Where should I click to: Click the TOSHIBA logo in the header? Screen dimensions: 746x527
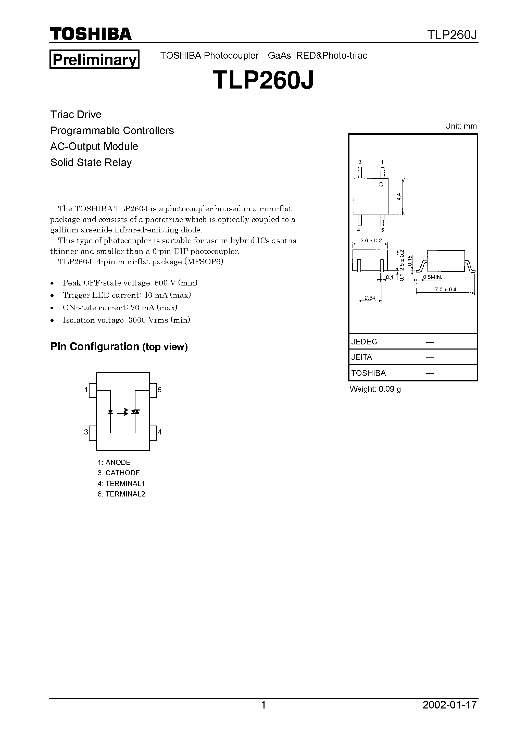(x=91, y=34)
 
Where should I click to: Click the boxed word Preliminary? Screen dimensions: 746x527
(x=94, y=59)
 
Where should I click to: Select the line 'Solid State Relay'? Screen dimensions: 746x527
(x=91, y=163)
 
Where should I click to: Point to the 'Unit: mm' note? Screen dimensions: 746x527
(x=461, y=126)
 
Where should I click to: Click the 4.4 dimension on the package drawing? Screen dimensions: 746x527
(x=399, y=196)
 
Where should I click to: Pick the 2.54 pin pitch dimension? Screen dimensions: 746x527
(x=370, y=298)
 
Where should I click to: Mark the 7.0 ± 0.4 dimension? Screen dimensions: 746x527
(x=445, y=289)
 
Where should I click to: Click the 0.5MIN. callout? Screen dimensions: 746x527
(x=432, y=277)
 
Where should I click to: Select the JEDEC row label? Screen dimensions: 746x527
(x=364, y=341)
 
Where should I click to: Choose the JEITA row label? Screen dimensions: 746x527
(x=362, y=357)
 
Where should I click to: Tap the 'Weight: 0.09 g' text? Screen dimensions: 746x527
(x=375, y=389)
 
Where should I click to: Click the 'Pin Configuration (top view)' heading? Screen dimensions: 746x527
(x=119, y=347)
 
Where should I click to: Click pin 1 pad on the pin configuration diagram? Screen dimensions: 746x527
(x=93, y=390)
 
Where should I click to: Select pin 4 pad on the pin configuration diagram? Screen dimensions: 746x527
(x=153, y=432)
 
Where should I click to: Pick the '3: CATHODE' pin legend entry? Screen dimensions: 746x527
(x=119, y=473)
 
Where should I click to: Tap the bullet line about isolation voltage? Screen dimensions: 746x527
(x=126, y=320)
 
